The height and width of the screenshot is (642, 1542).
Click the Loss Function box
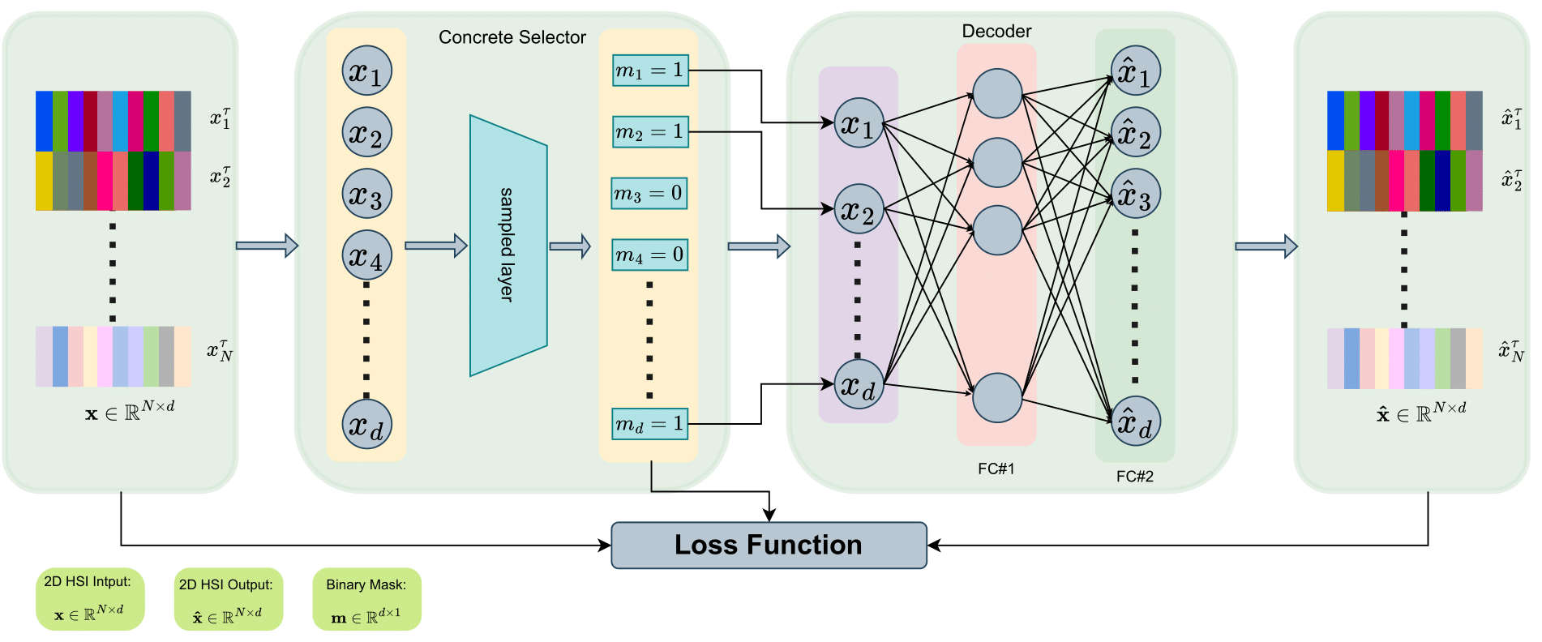[x=768, y=545]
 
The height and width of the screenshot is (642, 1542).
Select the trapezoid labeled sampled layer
[x=508, y=246]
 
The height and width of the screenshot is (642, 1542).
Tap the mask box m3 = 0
[x=649, y=194]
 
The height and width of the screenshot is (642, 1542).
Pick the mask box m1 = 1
[x=650, y=71]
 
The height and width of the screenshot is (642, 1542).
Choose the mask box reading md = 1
[x=650, y=424]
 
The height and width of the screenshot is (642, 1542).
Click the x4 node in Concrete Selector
[x=367, y=255]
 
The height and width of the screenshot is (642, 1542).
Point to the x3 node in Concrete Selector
[x=367, y=194]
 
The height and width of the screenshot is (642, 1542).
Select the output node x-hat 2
[x=1135, y=132]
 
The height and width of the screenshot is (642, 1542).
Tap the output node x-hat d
[x=1135, y=422]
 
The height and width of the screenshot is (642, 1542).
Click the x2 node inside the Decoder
[x=859, y=209]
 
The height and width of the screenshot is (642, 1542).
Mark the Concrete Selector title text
[x=512, y=37]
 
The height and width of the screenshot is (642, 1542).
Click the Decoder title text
[x=996, y=32]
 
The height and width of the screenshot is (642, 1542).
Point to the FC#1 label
[x=996, y=469]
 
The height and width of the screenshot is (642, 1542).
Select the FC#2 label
[x=1134, y=477]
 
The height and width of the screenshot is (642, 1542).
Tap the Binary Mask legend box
[x=366, y=599]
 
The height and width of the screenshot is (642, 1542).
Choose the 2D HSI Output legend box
[x=228, y=599]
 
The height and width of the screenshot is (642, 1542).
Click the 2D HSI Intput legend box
[x=89, y=599]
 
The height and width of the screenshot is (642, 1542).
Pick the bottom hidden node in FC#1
[x=996, y=398]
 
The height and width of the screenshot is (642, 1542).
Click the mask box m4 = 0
[x=649, y=255]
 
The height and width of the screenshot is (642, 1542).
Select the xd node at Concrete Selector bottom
[x=367, y=424]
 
